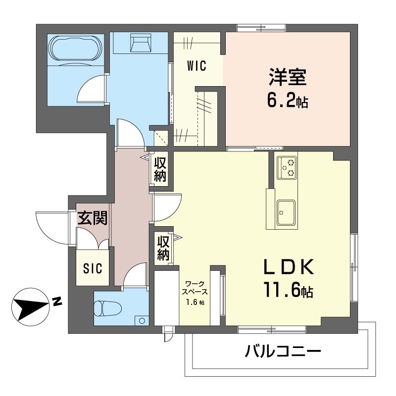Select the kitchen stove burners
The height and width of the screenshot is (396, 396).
click(x=287, y=167)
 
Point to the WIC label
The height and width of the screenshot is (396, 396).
click(x=197, y=65)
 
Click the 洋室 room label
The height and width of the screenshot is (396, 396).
click(x=287, y=78)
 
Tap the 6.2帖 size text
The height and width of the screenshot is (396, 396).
click(x=288, y=101)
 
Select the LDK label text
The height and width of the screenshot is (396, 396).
click(x=288, y=268)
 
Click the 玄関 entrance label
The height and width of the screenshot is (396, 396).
click(x=93, y=218)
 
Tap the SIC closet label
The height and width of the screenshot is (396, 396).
click(x=92, y=269)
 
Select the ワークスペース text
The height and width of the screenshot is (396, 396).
click(x=195, y=288)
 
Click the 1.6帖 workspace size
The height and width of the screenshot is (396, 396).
click(x=195, y=303)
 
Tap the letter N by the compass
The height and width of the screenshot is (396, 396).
click(x=57, y=300)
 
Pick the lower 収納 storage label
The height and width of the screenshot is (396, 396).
click(x=163, y=248)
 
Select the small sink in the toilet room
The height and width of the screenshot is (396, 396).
click(x=142, y=320)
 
